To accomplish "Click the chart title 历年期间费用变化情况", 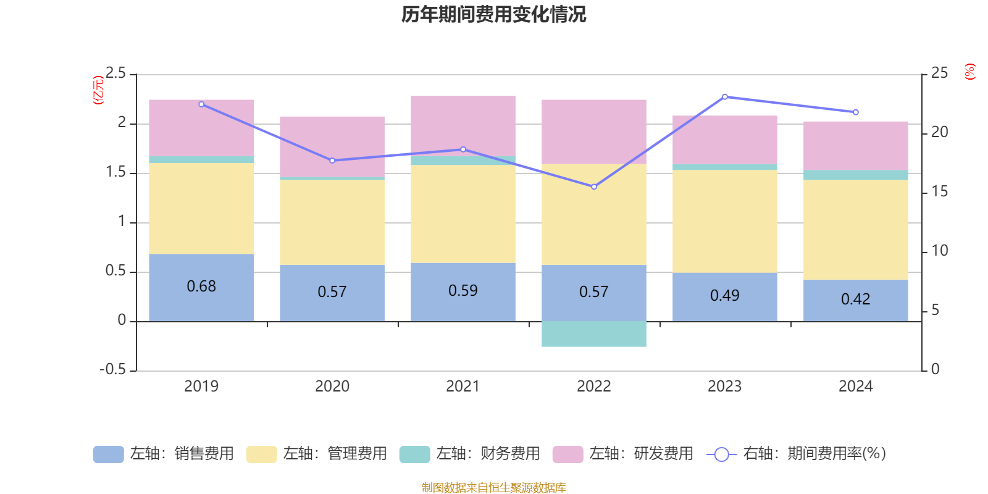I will click(493, 14).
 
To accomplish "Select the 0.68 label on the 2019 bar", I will click(201, 287).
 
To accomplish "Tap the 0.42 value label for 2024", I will click(855, 299).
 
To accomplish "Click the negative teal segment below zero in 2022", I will click(593, 334).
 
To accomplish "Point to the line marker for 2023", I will click(724, 97).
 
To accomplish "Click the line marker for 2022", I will click(594, 186).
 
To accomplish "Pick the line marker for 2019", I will click(201, 104).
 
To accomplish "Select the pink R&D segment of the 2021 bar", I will click(463, 124).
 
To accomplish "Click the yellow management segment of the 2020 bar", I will click(332, 222).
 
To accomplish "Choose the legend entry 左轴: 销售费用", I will click(164, 454).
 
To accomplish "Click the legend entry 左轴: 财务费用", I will click(470, 454).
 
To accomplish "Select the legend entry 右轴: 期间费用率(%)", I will click(796, 454).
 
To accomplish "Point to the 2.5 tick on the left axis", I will click(115, 73).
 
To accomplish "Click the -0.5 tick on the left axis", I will click(112, 369).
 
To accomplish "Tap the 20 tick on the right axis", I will click(939, 132).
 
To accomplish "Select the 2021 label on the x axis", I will click(463, 387).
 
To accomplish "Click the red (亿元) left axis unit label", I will click(98, 90).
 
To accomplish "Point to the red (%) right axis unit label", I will click(970, 72).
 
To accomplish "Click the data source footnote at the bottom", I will click(493, 488).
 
